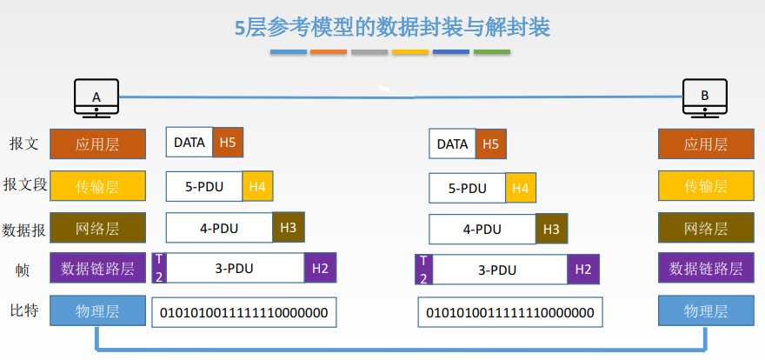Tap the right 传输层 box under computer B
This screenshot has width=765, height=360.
pos(705,187)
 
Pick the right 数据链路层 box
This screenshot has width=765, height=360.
pos(705,269)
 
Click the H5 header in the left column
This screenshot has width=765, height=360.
pos(228,143)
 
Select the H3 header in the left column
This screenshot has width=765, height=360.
pos(288,228)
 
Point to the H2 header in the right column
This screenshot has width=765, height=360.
pos(583,270)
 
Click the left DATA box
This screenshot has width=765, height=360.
pos(190,143)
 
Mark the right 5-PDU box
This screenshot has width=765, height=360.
pos(467,188)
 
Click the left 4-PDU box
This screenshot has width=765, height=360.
pos(219,229)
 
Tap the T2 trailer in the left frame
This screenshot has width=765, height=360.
pos(158,268)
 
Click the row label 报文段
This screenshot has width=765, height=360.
pos(24,185)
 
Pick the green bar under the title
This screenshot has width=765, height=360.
pos(491,52)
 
